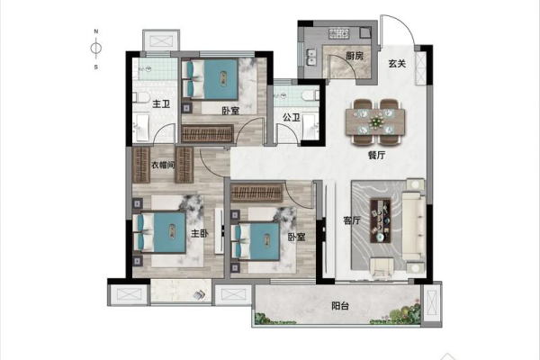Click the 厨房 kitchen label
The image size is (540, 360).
[x=355, y=56]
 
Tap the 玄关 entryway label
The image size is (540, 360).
[x=397, y=63]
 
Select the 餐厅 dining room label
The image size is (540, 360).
[x=376, y=156]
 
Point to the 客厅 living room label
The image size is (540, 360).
[x=352, y=220]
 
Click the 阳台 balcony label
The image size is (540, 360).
[x=340, y=306]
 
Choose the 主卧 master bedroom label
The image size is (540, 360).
[x=200, y=234]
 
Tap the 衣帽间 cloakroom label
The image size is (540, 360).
[x=163, y=165]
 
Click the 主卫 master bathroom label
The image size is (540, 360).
[x=161, y=103]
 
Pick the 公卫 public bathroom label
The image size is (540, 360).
[x=292, y=118]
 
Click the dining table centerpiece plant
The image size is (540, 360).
[x=375, y=121]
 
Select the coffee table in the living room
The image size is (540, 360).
[x=381, y=220]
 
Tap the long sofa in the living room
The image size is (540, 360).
[x=414, y=226]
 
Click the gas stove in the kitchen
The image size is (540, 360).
[x=339, y=33]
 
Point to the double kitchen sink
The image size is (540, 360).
[x=312, y=57]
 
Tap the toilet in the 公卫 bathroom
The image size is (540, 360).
[x=309, y=95]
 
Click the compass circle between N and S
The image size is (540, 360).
[x=96, y=48]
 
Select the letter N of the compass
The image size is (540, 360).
[x=96, y=31]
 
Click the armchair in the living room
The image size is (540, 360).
[x=382, y=268]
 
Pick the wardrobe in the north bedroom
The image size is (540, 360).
[x=208, y=134]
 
